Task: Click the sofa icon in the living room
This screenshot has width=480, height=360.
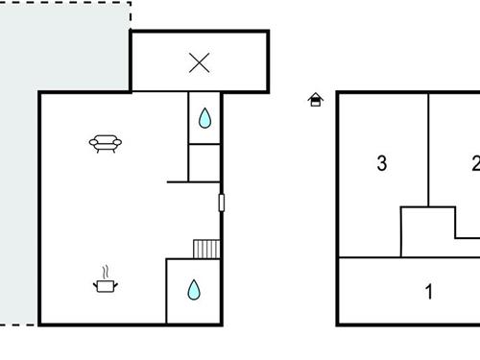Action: coord(106,144)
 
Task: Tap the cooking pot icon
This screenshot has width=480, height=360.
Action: coord(105,284)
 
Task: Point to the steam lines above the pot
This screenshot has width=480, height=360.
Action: coord(106,271)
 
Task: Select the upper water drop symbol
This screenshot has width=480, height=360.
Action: coord(204,118)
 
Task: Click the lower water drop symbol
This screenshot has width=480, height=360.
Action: coord(193,289)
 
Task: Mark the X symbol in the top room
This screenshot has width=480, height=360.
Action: coord(199,62)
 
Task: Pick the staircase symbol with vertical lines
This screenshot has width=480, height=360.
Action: coord(207,249)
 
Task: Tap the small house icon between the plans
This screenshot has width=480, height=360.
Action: coord(315,99)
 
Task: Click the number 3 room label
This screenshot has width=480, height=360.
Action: coord(381,164)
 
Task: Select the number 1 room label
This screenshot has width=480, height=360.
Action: coord(429,292)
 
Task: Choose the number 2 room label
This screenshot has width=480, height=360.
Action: coord(474,164)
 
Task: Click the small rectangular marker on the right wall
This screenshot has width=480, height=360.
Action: coord(222,203)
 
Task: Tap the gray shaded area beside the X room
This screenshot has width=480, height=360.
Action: coord(58,48)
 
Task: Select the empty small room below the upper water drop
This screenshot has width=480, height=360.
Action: coord(204,162)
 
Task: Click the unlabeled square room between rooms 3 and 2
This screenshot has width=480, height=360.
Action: coord(425,230)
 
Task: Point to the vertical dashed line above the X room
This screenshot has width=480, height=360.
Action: coord(130,15)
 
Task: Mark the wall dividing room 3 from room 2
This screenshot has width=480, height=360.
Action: coord(429,144)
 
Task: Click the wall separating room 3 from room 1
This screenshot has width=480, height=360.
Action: coord(370,257)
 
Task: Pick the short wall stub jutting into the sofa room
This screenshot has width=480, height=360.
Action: coord(178,180)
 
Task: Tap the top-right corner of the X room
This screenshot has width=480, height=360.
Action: coord(268,32)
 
